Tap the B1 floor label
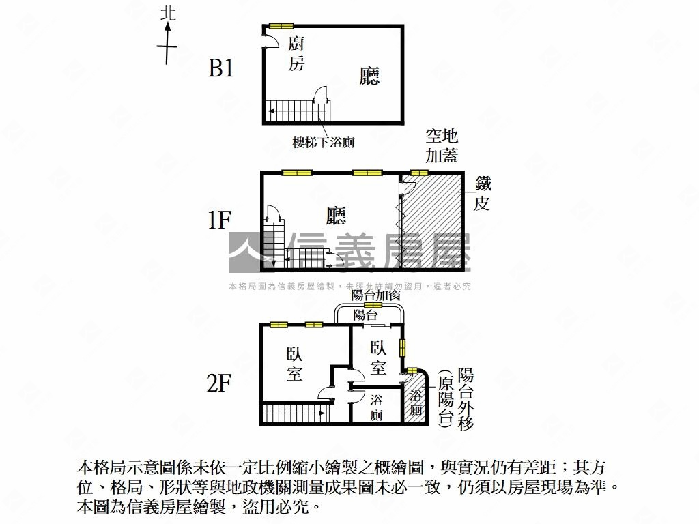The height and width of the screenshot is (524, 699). tap(220, 69)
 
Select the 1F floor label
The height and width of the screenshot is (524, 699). tap(219, 220)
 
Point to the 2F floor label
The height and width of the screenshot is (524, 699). tap(219, 383)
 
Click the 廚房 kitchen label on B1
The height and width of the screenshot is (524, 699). tap(296, 53)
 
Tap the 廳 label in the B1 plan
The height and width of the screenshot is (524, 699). tap(369, 76)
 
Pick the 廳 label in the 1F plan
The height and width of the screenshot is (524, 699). tap(336, 216)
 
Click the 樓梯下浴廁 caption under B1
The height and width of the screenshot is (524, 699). tap(323, 142)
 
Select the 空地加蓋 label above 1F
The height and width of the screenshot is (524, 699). tap(442, 146)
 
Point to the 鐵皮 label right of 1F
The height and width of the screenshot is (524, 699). tap(483, 193)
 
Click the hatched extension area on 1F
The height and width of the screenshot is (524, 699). tap(431, 222)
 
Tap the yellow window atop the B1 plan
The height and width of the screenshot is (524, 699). tap(281, 25)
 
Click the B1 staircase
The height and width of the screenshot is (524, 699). tap(298, 111)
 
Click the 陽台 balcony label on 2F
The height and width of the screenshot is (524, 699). tap(365, 315)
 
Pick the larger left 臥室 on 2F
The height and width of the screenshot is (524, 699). tap(295, 364)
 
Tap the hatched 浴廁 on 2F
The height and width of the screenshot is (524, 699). tap(416, 398)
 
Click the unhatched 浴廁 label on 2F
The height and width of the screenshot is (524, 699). tap(376, 407)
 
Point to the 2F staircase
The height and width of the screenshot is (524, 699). tap(296, 413)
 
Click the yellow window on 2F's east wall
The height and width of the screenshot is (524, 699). tap(403, 347)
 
